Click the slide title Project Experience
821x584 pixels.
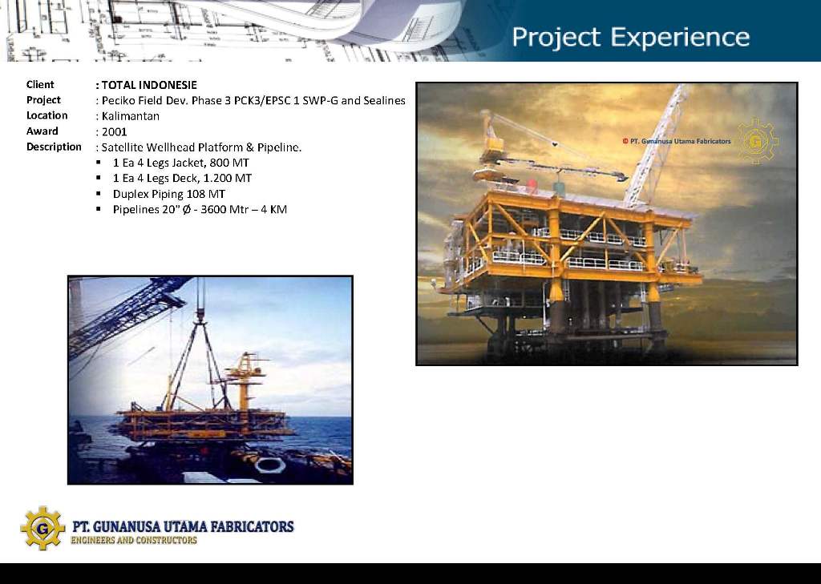point(630,38)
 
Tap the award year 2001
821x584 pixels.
point(114,132)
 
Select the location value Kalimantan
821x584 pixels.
point(131,116)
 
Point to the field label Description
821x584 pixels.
point(54,147)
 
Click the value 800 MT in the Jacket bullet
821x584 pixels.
point(229,163)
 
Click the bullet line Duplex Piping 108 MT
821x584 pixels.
point(169,194)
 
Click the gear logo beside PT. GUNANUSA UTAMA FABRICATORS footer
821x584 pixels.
point(43,528)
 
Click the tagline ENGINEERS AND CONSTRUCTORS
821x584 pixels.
point(134,540)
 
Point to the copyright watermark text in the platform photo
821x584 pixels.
point(677,141)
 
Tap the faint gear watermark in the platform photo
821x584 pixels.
point(757,141)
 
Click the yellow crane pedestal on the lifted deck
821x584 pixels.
point(244,381)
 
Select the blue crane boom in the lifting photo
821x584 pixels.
point(128,316)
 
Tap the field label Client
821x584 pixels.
point(40,85)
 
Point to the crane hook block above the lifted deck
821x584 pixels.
point(200,315)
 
